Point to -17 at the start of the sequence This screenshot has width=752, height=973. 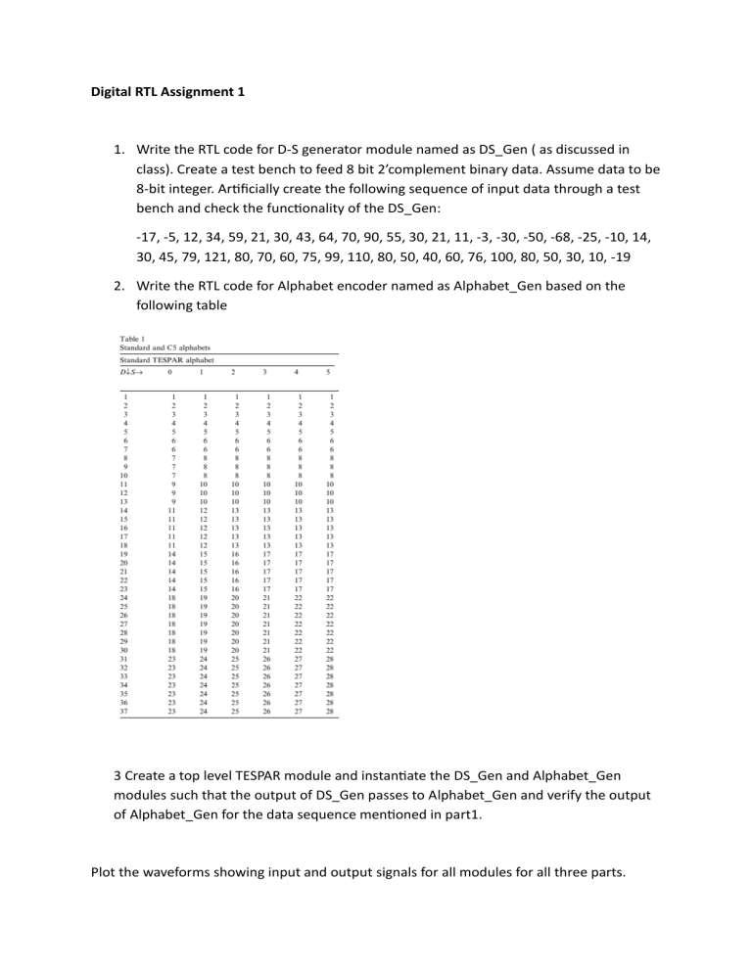(x=149, y=239)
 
